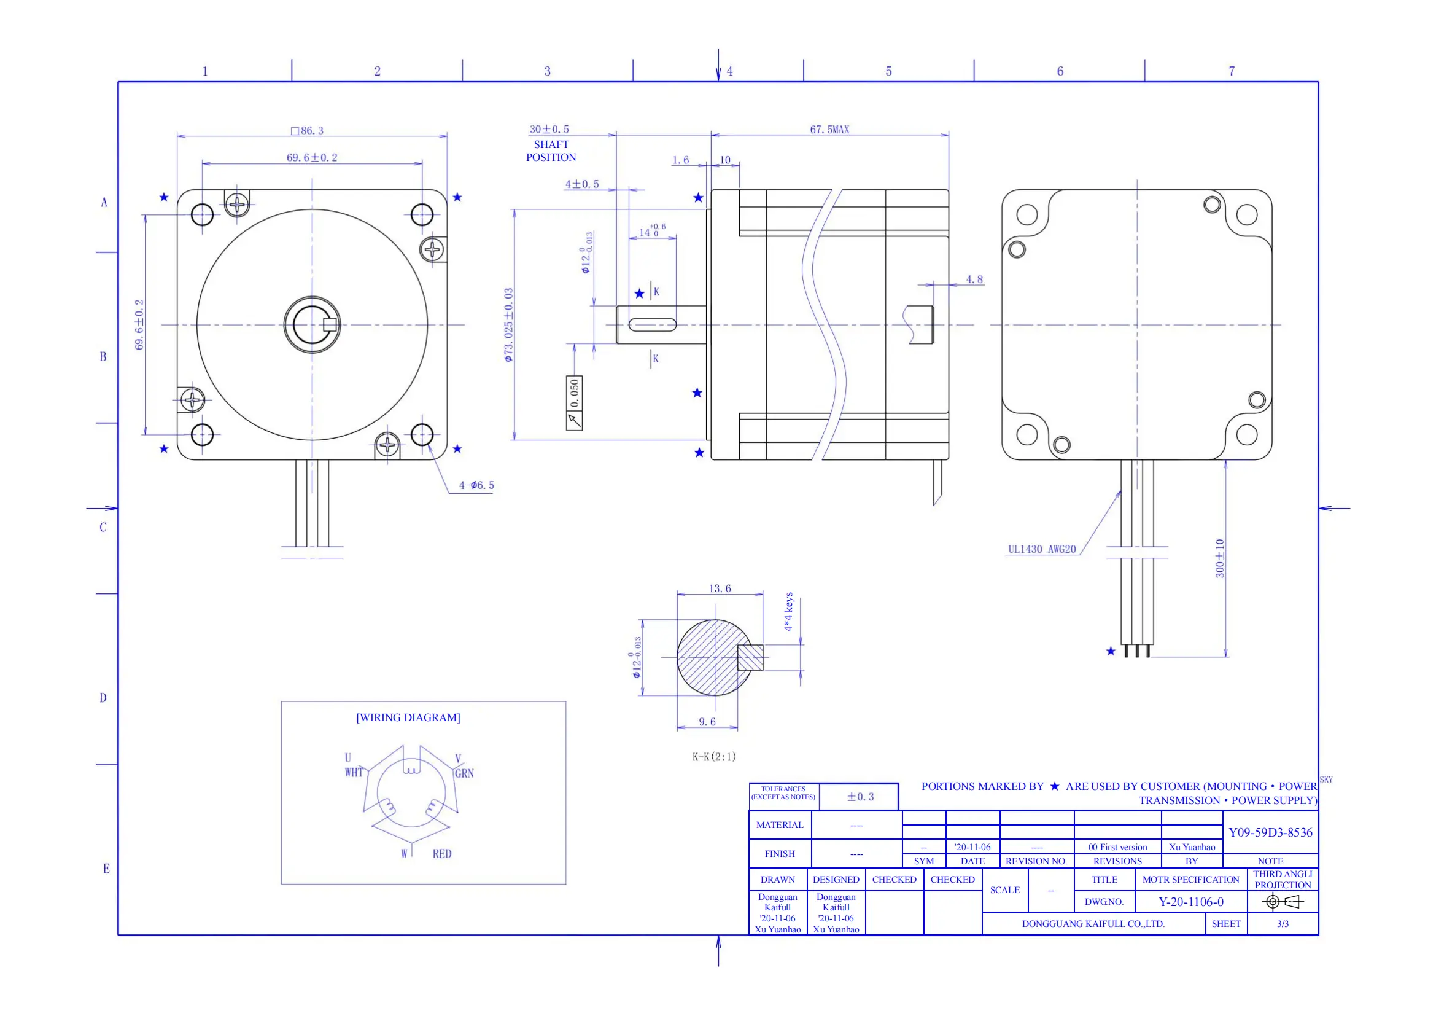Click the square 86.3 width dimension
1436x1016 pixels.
click(308, 131)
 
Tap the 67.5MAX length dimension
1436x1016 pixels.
click(829, 130)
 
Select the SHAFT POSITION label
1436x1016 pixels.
click(551, 150)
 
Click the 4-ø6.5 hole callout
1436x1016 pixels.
click(476, 485)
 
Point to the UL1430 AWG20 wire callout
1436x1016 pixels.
click(1041, 549)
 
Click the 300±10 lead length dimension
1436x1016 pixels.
click(1219, 558)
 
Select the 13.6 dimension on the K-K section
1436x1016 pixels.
click(720, 588)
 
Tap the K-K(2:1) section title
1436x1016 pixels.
click(713, 757)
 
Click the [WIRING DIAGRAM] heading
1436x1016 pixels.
click(408, 717)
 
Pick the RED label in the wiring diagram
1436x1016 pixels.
click(441, 854)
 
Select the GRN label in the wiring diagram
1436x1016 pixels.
click(464, 773)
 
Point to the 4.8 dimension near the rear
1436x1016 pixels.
click(974, 279)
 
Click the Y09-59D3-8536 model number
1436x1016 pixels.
click(1270, 833)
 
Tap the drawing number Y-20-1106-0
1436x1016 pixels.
click(1191, 902)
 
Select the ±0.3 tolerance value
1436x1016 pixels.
click(860, 797)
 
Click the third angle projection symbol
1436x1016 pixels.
click(1282, 902)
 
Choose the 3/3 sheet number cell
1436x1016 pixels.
click(1283, 924)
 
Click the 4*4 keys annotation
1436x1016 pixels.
click(789, 611)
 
